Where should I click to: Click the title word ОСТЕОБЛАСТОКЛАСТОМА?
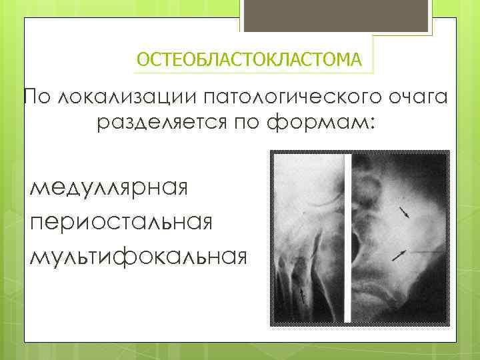tap(249, 60)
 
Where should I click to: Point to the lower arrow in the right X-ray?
tap(399, 253)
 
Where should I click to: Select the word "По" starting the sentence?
tap(37, 98)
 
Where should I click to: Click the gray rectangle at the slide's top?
tap(336, 15)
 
